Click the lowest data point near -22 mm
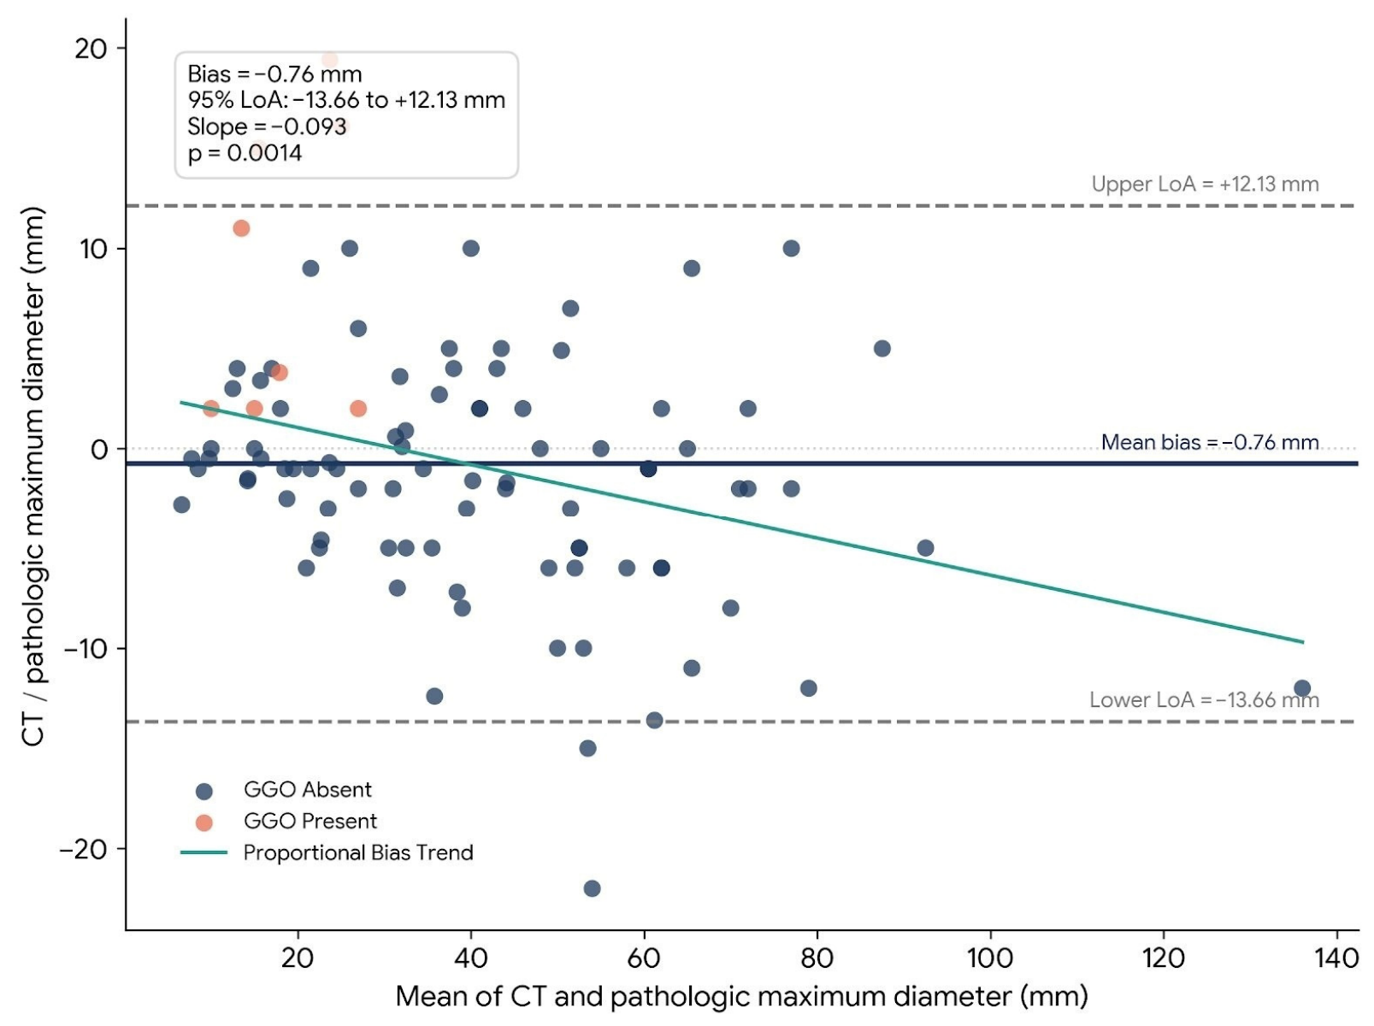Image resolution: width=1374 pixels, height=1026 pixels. point(592,888)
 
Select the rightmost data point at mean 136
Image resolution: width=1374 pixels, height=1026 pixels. point(1302,688)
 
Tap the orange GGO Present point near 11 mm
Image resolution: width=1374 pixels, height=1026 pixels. point(242,228)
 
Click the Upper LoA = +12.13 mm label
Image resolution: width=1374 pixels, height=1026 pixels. point(1205,184)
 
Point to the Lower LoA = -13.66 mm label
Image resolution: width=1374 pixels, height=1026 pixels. point(1205,700)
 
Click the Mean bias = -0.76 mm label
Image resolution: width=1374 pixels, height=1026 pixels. point(1210,442)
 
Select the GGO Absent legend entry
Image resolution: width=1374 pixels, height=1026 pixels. point(284,789)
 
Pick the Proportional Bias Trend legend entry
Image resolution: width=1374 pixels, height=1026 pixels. point(327,852)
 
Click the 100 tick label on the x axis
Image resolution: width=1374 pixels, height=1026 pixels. point(990,958)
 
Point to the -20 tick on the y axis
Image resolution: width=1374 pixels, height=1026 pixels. point(84,850)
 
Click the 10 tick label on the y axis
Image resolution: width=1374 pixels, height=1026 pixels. point(93,249)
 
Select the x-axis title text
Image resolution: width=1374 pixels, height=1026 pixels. point(742,997)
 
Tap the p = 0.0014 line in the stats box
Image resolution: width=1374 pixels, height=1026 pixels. point(245,153)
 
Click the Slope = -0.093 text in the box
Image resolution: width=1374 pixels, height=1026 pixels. point(267,127)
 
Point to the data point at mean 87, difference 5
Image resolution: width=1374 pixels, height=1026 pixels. point(882,349)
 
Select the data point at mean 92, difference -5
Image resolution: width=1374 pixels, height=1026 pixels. point(925,548)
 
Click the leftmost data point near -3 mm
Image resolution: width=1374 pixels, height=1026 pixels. point(181,504)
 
